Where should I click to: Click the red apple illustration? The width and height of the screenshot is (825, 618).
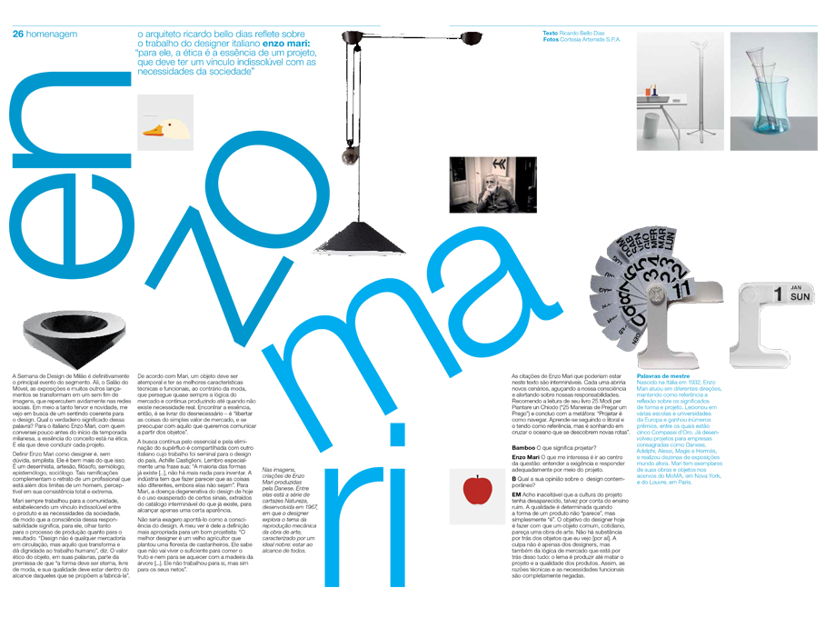477,490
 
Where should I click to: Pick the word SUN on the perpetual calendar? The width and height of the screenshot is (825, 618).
800,296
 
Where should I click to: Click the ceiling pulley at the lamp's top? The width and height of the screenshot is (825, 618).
351,37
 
